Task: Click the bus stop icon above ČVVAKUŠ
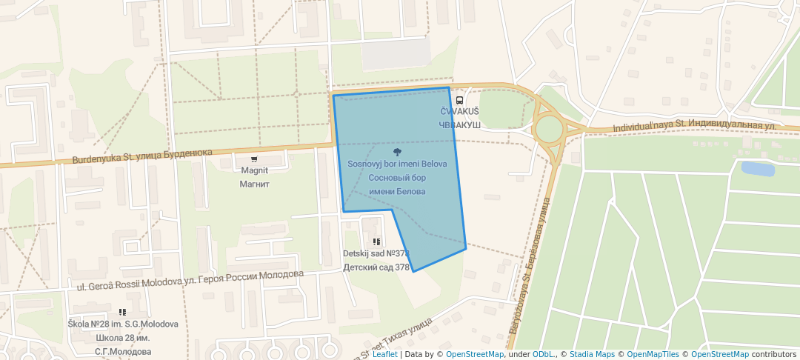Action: click(459, 99)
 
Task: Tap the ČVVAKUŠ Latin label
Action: click(460, 112)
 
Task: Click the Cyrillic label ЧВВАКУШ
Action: click(460, 125)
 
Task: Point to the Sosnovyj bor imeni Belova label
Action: click(397, 164)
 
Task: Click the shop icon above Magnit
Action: click(255, 159)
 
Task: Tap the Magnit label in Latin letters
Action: click(255, 170)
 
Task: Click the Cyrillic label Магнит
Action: click(255, 184)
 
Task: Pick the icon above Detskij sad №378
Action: click(376, 241)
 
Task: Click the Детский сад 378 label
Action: click(376, 267)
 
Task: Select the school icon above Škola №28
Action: click(122, 313)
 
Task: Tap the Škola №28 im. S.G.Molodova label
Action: click(123, 324)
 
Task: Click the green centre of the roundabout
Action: click(549, 129)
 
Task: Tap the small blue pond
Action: click(757, 168)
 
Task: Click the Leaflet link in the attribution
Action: click(384, 354)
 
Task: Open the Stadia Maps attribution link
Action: click(592, 354)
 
